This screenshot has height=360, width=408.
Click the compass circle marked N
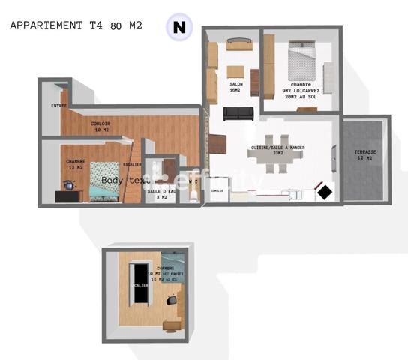(178, 28)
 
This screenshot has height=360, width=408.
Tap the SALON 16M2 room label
(235, 87)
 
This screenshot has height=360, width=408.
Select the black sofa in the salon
(238, 113)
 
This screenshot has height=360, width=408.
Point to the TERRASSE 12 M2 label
(365, 155)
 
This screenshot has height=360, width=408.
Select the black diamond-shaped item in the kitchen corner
(325, 192)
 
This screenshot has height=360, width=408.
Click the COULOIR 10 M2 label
(101, 127)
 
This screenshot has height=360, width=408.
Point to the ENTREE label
(58, 106)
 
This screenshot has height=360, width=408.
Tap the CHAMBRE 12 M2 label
(75, 164)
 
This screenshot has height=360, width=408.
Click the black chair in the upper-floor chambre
(173, 300)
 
